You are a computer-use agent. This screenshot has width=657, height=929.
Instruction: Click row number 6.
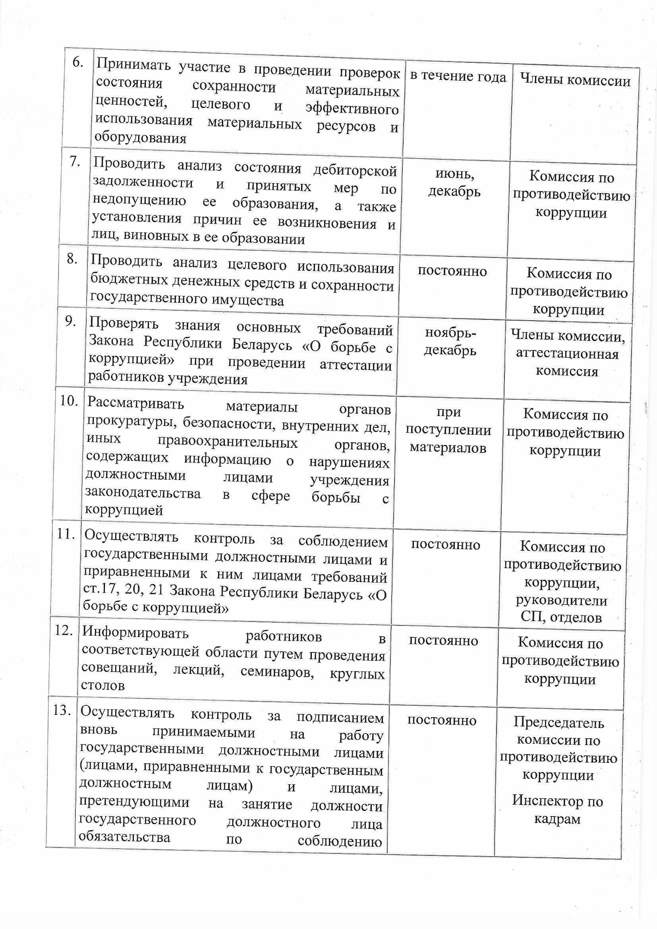tap(77, 63)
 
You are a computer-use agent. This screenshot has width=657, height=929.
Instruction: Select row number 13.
tap(62, 710)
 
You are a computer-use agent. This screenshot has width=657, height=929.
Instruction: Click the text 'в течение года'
tap(458, 76)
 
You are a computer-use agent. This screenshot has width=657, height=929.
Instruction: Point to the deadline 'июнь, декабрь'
tap(454, 182)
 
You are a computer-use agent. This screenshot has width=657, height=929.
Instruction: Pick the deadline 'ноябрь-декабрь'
tap(450, 342)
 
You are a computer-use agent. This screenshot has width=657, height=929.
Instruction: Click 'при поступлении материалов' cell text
tap(448, 430)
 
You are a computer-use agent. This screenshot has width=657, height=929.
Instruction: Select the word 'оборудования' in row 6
tap(140, 138)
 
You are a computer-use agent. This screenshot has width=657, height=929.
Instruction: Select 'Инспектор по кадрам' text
tap(557, 810)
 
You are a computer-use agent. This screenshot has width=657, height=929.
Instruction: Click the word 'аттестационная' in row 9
tap(567, 354)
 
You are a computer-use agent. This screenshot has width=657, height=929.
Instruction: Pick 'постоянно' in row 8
tap(452, 271)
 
